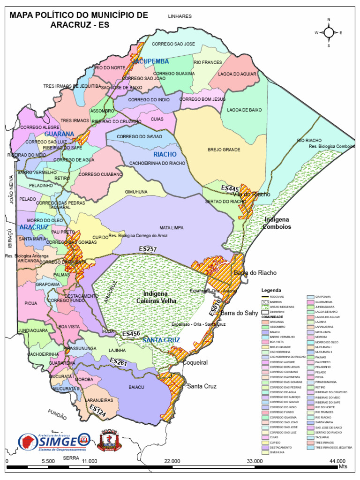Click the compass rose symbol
pyautogui.click(x=329, y=32)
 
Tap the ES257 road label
pyautogui.click(x=148, y=249)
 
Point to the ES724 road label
pyautogui.click(x=97, y=411)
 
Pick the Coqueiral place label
pyautogui.click(x=195, y=362)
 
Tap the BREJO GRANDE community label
pyautogui.click(x=224, y=150)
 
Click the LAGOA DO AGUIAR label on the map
pyautogui.click(x=237, y=74)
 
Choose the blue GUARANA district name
pyautogui.click(x=60, y=134)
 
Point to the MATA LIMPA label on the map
pyautogui.click(x=171, y=228)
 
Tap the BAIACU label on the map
pyautogui.click(x=136, y=387)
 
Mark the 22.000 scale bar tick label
pyautogui.click(x=172, y=461)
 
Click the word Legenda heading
pyautogui.click(x=271, y=290)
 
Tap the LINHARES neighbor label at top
pyautogui.click(x=180, y=16)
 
